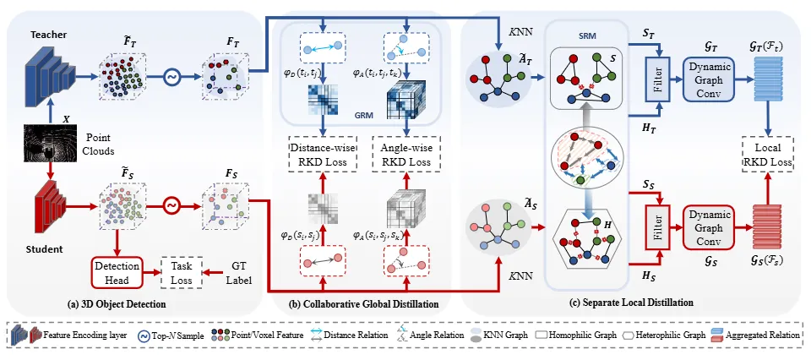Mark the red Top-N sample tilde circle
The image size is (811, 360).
(x=171, y=205)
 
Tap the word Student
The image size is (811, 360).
(x=30, y=249)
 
